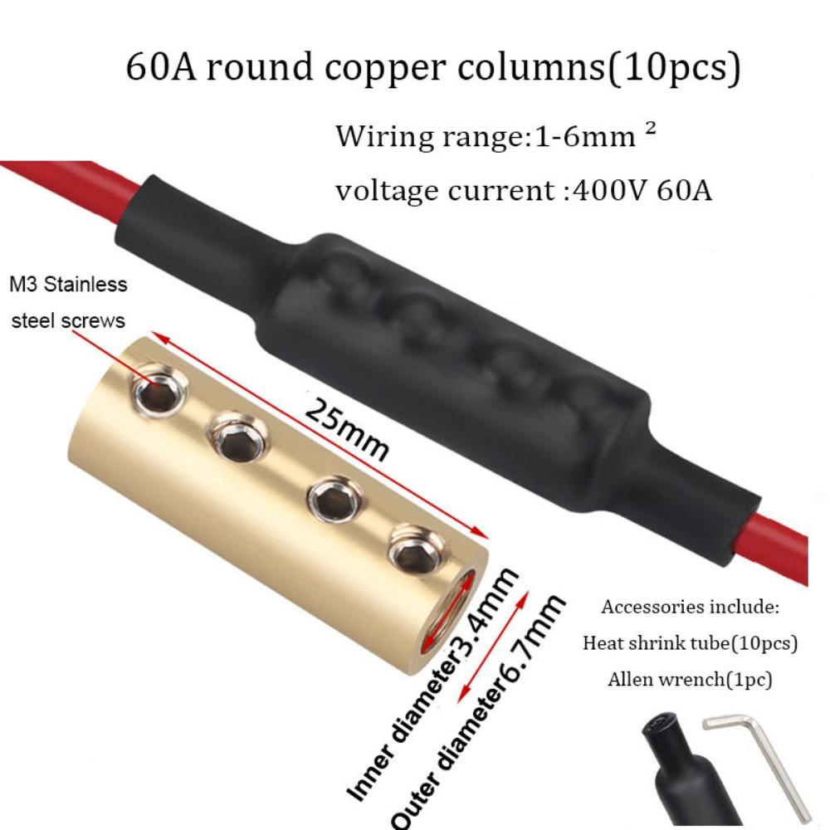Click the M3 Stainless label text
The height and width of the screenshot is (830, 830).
coord(68,285)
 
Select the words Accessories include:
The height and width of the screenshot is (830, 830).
coord(690,607)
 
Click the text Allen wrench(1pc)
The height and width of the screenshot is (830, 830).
coord(690,679)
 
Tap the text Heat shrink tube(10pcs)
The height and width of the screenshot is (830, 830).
coord(690,643)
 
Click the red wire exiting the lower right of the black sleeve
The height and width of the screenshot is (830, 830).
coord(773,545)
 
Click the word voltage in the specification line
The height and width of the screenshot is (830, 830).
coord(388,192)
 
